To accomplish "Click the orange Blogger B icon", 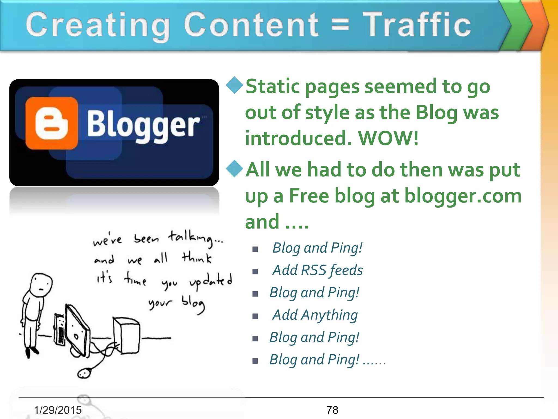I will [51, 123].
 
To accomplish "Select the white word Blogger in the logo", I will [143, 126].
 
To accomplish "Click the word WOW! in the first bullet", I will [388, 138].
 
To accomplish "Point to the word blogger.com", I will [463, 196].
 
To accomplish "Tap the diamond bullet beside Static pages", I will [234, 85].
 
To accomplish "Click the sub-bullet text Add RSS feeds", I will [318, 270].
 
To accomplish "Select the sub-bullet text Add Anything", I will [315, 315].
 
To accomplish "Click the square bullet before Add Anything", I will [255, 316].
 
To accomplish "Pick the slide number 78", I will [332, 410].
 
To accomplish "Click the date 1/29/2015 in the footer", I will [58, 410].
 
